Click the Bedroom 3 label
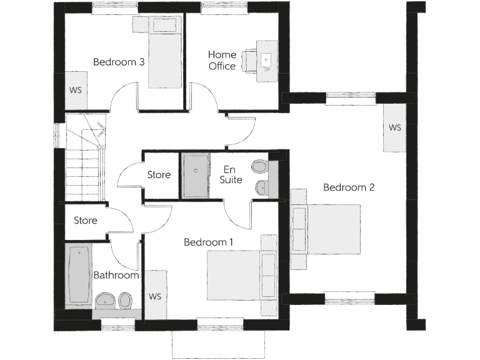(x=119, y=62)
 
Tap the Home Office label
(x=222, y=61)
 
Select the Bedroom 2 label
(x=348, y=187)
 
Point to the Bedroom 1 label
(x=209, y=242)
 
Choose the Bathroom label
(x=116, y=275)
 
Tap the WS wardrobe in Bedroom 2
(x=395, y=127)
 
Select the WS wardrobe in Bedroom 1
(x=155, y=296)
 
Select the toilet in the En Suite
(x=259, y=167)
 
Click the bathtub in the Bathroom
(x=79, y=274)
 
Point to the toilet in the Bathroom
(x=125, y=301)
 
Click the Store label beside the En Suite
(x=159, y=175)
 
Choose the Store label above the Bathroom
(x=86, y=221)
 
